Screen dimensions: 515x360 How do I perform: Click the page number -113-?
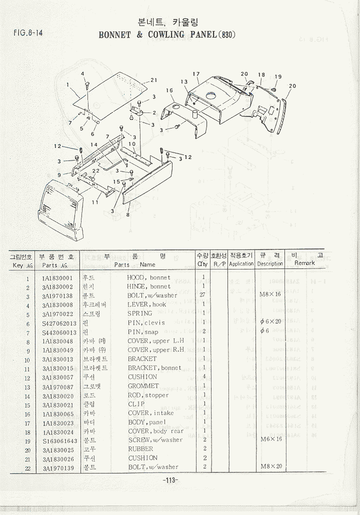[170, 480]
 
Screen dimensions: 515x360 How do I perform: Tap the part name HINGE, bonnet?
[149, 287]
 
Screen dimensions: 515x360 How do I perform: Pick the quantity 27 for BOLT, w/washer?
[202, 295]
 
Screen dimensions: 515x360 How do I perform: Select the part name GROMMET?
[143, 386]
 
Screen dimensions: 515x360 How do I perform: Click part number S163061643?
[59, 440]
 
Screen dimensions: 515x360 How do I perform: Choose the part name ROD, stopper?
[148, 395]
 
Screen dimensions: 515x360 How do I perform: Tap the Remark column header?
[304, 263]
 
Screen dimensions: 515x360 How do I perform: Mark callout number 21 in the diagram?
[154, 80]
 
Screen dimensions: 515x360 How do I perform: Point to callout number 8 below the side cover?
[128, 215]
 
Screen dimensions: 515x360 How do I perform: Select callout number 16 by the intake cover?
[169, 90]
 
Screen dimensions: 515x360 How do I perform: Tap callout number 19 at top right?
[278, 76]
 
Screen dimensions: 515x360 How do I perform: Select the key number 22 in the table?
[28, 468]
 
